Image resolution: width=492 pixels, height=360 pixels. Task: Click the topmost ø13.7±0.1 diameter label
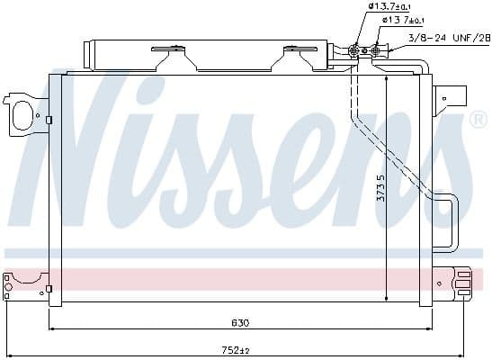(x=389, y=7)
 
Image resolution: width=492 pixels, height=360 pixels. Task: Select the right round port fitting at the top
(x=377, y=50)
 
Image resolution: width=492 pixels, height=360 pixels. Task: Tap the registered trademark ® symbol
(x=479, y=121)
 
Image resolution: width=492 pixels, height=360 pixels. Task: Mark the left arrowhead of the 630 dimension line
(x=52, y=328)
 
